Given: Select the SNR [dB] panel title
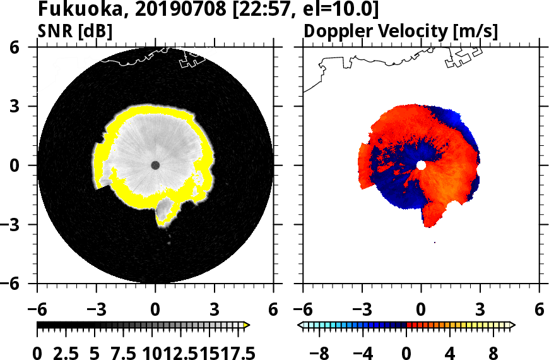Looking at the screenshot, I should (75, 31).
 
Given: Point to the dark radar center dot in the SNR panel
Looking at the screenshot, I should (155, 165).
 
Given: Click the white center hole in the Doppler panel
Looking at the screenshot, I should (421, 165).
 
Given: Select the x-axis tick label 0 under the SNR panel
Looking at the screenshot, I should (155, 310).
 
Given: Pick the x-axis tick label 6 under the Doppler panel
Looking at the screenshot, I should (539, 310).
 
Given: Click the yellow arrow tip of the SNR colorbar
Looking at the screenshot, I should (247, 325).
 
